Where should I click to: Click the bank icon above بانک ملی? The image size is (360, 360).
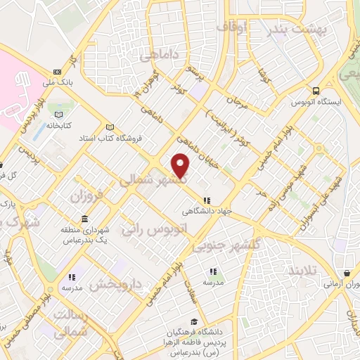click(57, 72)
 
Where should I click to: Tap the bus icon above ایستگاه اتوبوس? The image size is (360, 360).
click(316, 91)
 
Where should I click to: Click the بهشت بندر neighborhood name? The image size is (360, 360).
click(295, 29)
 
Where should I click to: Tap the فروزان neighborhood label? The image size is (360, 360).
click(86, 195)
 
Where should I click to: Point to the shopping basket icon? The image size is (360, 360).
click(347, 274)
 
